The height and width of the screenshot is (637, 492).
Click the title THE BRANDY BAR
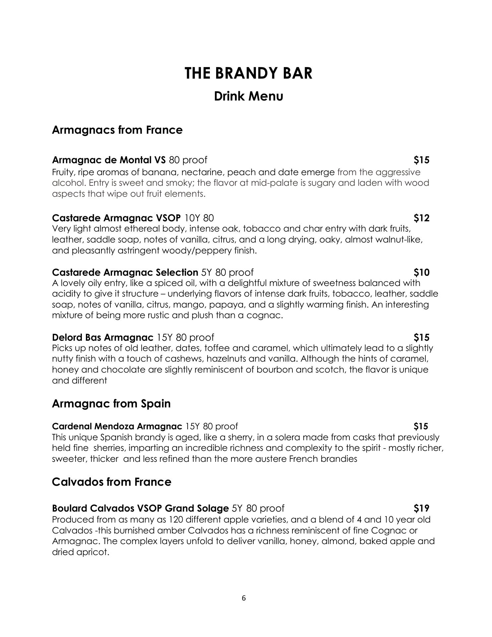tap(248, 73)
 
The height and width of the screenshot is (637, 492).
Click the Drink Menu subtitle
tap(248, 96)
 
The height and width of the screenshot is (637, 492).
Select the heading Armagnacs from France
tap(117, 130)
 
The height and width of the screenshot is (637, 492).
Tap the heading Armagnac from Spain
tap(111, 403)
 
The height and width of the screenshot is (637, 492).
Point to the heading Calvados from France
tap(111, 481)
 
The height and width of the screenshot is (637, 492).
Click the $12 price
tap(421, 218)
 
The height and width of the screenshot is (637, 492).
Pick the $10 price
tap(421, 272)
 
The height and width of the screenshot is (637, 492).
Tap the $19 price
tap(421, 508)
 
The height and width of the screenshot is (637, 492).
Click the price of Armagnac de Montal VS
tap(421, 160)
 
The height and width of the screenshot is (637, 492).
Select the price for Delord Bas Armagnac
tap(421, 337)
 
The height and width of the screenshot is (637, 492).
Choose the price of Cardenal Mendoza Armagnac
tap(421, 426)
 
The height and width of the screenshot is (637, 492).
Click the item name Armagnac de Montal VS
tap(109, 160)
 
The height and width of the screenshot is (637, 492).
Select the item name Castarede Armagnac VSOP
tap(116, 218)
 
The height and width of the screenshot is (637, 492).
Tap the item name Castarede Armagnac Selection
tap(125, 272)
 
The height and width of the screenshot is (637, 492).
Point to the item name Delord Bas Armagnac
tap(103, 337)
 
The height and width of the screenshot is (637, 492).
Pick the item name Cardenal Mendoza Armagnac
tap(117, 426)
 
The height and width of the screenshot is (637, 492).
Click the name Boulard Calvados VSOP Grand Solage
tap(140, 508)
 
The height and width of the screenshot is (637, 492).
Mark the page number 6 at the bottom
tap(244, 598)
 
